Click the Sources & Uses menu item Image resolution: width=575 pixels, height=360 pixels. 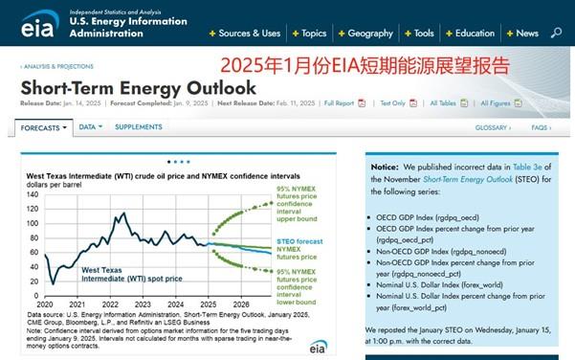pos(249,33)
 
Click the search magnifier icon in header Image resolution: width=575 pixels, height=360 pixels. pos(557,33)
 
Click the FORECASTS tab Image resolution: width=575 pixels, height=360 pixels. pos(42,127)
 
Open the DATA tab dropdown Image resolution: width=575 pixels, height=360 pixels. pos(89,127)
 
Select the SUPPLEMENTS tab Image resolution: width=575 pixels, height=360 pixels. pos(139,127)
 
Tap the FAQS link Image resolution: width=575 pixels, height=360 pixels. pos(542,127)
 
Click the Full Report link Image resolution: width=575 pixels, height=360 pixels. pos(340,102)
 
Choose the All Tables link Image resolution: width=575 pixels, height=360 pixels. pos(444,102)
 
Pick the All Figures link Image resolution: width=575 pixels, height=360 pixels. pos(496,102)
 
